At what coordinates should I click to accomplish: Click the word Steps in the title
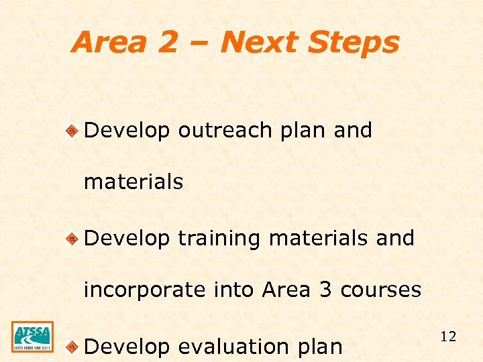[x=355, y=42]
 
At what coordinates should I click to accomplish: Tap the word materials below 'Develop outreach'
[x=133, y=182]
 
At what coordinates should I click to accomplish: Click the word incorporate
[x=144, y=290]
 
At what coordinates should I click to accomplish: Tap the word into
[x=234, y=290]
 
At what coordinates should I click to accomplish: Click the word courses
[x=381, y=290]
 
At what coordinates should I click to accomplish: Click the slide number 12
[x=448, y=337]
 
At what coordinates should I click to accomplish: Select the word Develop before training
[x=127, y=239]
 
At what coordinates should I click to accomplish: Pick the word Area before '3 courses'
[x=286, y=290]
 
